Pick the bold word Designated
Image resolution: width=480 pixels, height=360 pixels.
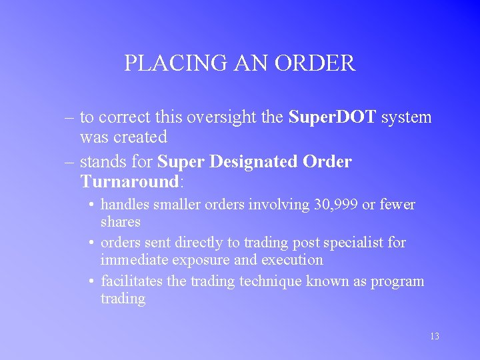click(x=252, y=162)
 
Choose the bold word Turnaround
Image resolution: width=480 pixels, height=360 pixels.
click(x=129, y=181)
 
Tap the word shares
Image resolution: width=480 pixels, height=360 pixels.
click(x=121, y=221)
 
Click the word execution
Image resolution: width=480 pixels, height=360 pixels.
click(x=289, y=260)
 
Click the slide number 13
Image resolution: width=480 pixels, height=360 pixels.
click(x=434, y=336)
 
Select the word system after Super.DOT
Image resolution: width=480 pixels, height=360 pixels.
click(x=407, y=117)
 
